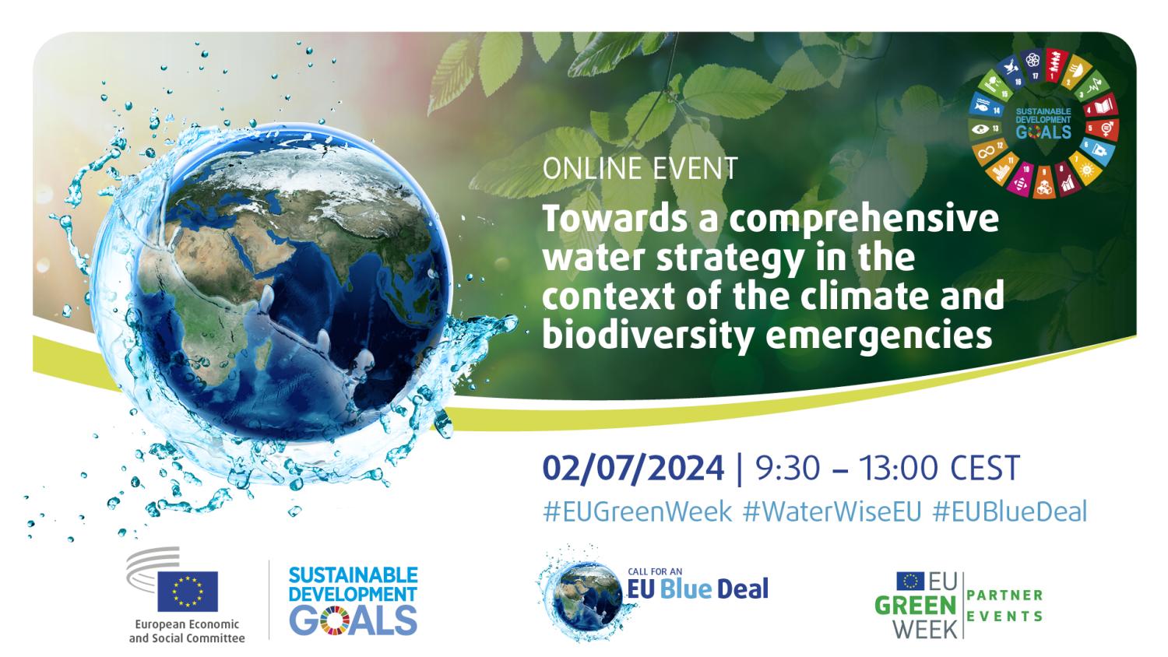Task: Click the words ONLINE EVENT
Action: [640, 168]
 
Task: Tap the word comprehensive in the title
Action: [864, 220]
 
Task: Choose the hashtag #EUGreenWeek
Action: [637, 511]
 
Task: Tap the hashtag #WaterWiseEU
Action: [832, 511]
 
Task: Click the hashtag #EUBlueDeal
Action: [1010, 511]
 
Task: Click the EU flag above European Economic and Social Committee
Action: [188, 592]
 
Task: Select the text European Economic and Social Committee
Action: [187, 631]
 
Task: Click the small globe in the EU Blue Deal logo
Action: [586, 596]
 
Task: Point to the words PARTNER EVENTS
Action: [1004, 606]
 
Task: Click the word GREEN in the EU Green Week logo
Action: [915, 606]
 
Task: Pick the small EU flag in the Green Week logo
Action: [910, 581]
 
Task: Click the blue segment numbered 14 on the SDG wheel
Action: [987, 107]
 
